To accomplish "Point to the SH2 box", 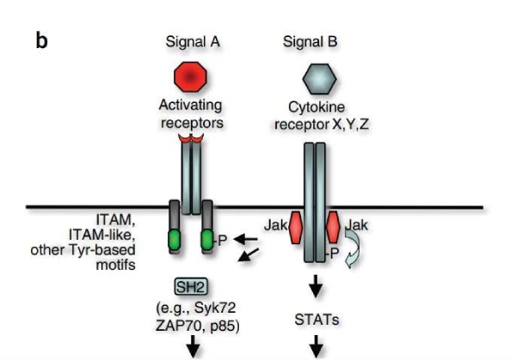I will click(189, 287).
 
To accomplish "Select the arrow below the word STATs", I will click(316, 345).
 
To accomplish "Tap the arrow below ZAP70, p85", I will click(192, 346).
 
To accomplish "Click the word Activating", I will click(190, 105).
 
